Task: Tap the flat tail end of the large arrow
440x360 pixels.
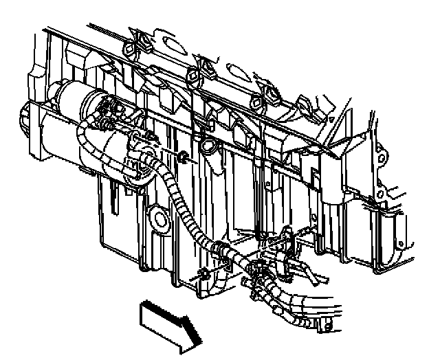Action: click(143, 313)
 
